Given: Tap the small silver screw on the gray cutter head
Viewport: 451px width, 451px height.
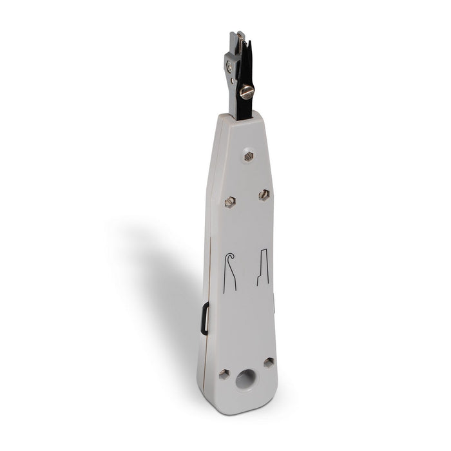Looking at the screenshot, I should click(x=229, y=65).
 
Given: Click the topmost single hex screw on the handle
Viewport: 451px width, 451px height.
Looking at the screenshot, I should click(x=249, y=155).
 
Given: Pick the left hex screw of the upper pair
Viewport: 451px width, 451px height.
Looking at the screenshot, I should click(x=230, y=202).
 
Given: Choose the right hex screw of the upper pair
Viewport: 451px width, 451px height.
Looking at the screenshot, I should click(x=264, y=194).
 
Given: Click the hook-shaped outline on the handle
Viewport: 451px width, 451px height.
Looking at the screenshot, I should click(x=229, y=271).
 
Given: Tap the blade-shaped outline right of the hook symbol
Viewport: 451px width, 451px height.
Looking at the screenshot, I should click(x=263, y=267).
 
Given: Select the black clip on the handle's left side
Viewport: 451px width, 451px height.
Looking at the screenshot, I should click(x=205, y=320).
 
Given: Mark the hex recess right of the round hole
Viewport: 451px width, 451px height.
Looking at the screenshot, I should click(x=268, y=363).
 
